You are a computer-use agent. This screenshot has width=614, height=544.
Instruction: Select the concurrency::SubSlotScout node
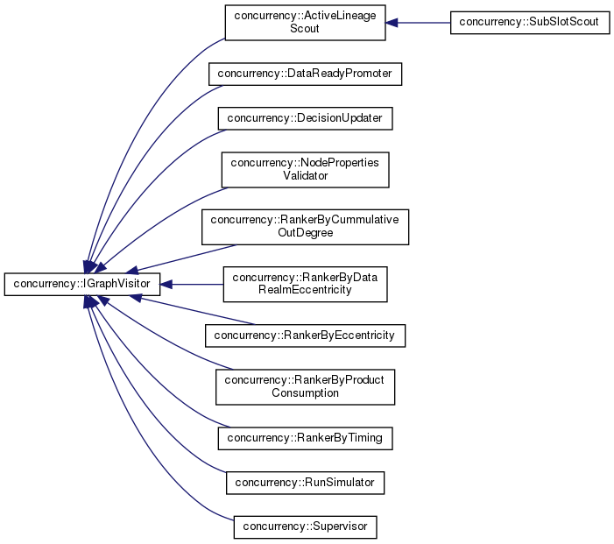pyautogui.click(x=529, y=23)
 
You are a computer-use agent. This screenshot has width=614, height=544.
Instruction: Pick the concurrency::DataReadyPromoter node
pyautogui.click(x=305, y=74)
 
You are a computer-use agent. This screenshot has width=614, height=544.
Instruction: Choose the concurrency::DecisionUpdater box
pyautogui.click(x=305, y=117)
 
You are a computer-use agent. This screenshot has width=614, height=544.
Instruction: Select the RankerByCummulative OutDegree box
pyautogui.click(x=305, y=227)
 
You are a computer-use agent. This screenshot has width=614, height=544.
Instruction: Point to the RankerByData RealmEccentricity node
pyautogui.click(x=305, y=284)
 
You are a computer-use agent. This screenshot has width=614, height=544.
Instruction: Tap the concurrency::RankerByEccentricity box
pyautogui.click(x=305, y=335)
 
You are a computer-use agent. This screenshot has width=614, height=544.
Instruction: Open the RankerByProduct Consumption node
pyautogui.click(x=305, y=386)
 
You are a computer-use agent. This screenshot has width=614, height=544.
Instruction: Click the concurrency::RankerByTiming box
pyautogui.click(x=305, y=437)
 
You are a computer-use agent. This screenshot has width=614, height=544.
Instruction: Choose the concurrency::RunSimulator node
pyautogui.click(x=305, y=481)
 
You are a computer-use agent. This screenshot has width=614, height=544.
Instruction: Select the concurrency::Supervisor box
pyautogui.click(x=305, y=527)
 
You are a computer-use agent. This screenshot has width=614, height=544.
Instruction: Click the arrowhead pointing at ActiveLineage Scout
pyautogui.click(x=392, y=23)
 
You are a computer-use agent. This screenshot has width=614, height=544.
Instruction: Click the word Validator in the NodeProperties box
pyautogui.click(x=305, y=175)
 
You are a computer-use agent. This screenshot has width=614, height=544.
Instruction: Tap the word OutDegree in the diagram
pyautogui.click(x=305, y=234)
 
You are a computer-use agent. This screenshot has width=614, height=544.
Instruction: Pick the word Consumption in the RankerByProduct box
pyautogui.click(x=305, y=393)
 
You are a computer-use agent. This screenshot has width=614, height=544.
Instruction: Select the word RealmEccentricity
pyautogui.click(x=305, y=290)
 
